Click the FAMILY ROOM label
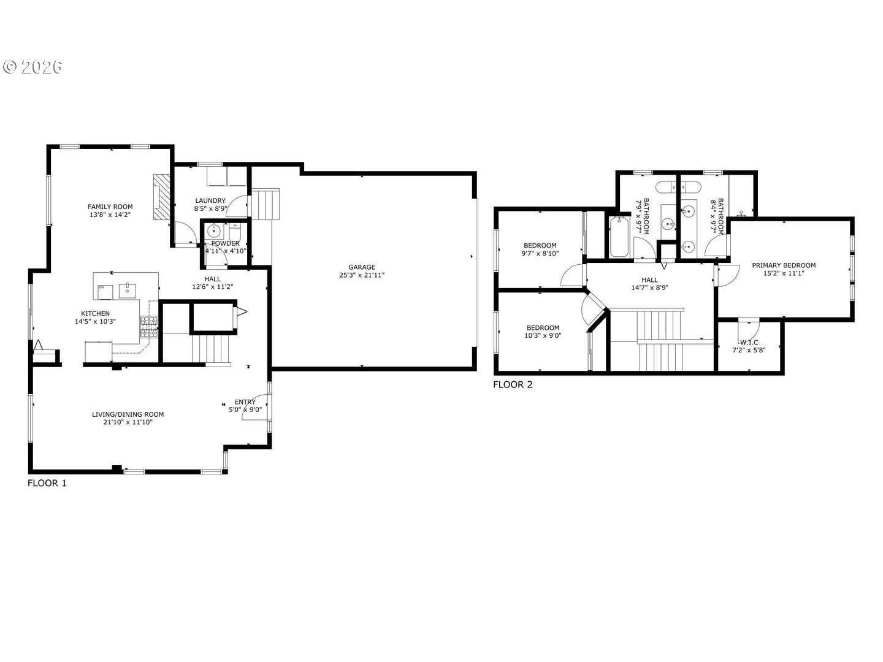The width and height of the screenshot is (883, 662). click(110, 207)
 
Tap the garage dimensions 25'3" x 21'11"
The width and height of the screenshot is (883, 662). click(362, 275)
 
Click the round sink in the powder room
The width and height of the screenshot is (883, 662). click(214, 231)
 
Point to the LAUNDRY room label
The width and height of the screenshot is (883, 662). click(210, 200)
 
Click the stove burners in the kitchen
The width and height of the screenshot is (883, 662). click(150, 326)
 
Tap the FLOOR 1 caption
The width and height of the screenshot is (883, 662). click(47, 483)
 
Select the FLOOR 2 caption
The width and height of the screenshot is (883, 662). click(513, 385)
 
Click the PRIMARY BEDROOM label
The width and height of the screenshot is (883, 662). click(784, 265)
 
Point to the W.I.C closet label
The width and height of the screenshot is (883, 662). click(749, 343)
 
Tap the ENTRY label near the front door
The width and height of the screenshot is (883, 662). click(245, 402)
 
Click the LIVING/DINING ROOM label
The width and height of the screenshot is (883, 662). click(128, 414)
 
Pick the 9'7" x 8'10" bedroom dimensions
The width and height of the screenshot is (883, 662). click(540, 253)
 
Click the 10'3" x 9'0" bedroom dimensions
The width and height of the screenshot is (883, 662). click(543, 335)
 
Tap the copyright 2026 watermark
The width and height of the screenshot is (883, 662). click(33, 67)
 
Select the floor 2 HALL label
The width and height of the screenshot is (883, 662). click(649, 280)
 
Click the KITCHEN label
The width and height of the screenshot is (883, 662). click(95, 313)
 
